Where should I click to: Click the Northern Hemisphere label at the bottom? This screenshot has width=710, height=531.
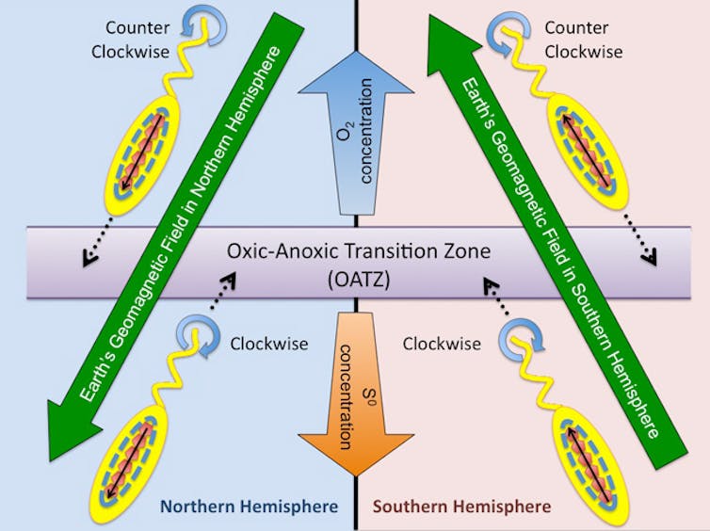pyautogui.click(x=249, y=507)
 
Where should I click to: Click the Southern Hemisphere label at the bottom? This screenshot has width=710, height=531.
pyautogui.click(x=461, y=507)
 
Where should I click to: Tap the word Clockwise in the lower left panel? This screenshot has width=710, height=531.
pyautogui.click(x=269, y=344)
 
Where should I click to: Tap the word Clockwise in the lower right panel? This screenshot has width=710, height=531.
pyautogui.click(x=435, y=344)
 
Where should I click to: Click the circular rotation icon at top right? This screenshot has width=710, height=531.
pyautogui.click(x=506, y=29)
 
